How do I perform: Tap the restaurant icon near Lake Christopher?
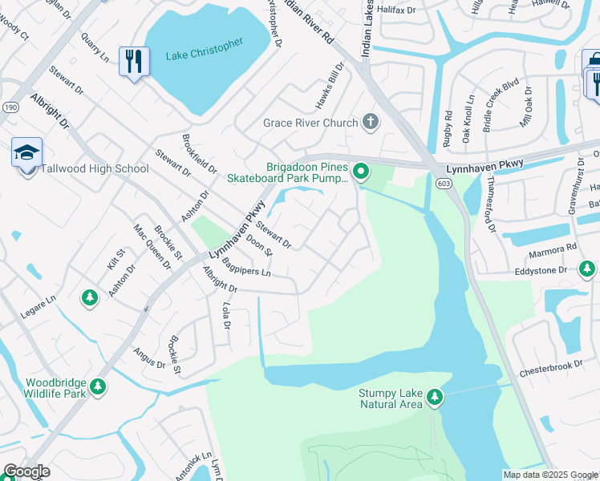pos(132,61)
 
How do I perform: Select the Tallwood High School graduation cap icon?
pos(26,152)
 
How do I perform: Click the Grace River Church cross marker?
pos(370,122)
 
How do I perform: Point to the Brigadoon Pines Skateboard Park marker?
pos(362,171)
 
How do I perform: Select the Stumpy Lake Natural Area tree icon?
pos(435,396)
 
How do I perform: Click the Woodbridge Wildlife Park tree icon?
pos(98,387)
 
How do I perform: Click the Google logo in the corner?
pos(26,471)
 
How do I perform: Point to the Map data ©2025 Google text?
pos(550,475)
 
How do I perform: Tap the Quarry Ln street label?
pos(94,47)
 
